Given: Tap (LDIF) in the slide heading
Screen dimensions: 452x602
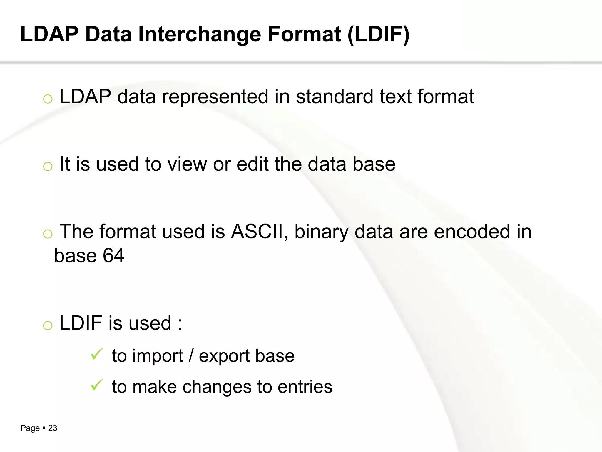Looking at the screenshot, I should [x=378, y=35].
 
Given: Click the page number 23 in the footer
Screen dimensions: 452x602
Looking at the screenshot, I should [x=53, y=428].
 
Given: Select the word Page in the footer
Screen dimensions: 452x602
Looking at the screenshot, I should [x=30, y=428].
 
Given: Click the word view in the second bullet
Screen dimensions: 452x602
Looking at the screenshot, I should [x=187, y=164].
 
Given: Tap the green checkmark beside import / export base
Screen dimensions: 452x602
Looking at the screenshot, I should [x=96, y=354].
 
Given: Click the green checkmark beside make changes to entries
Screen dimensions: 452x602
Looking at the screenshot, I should [x=96, y=385].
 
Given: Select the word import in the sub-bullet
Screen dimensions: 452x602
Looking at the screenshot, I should [x=158, y=356].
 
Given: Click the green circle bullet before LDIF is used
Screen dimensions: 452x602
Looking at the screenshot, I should [x=48, y=325].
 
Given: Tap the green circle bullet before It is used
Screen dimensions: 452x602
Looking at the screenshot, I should [x=48, y=167].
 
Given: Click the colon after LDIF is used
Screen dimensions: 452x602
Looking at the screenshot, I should [x=180, y=324].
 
